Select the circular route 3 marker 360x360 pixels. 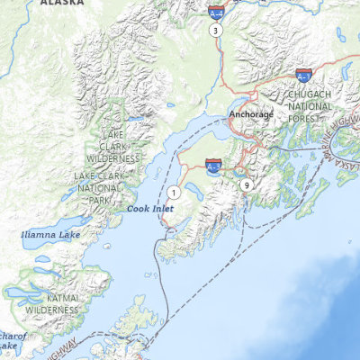coord(215,30)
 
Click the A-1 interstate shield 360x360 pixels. coord(304,76)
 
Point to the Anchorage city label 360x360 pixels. coord(249,115)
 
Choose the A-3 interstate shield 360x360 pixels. coord(213,166)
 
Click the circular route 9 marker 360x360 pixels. coord(246,184)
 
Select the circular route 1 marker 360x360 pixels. coord(173,192)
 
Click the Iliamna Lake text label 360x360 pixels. coord(49,235)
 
